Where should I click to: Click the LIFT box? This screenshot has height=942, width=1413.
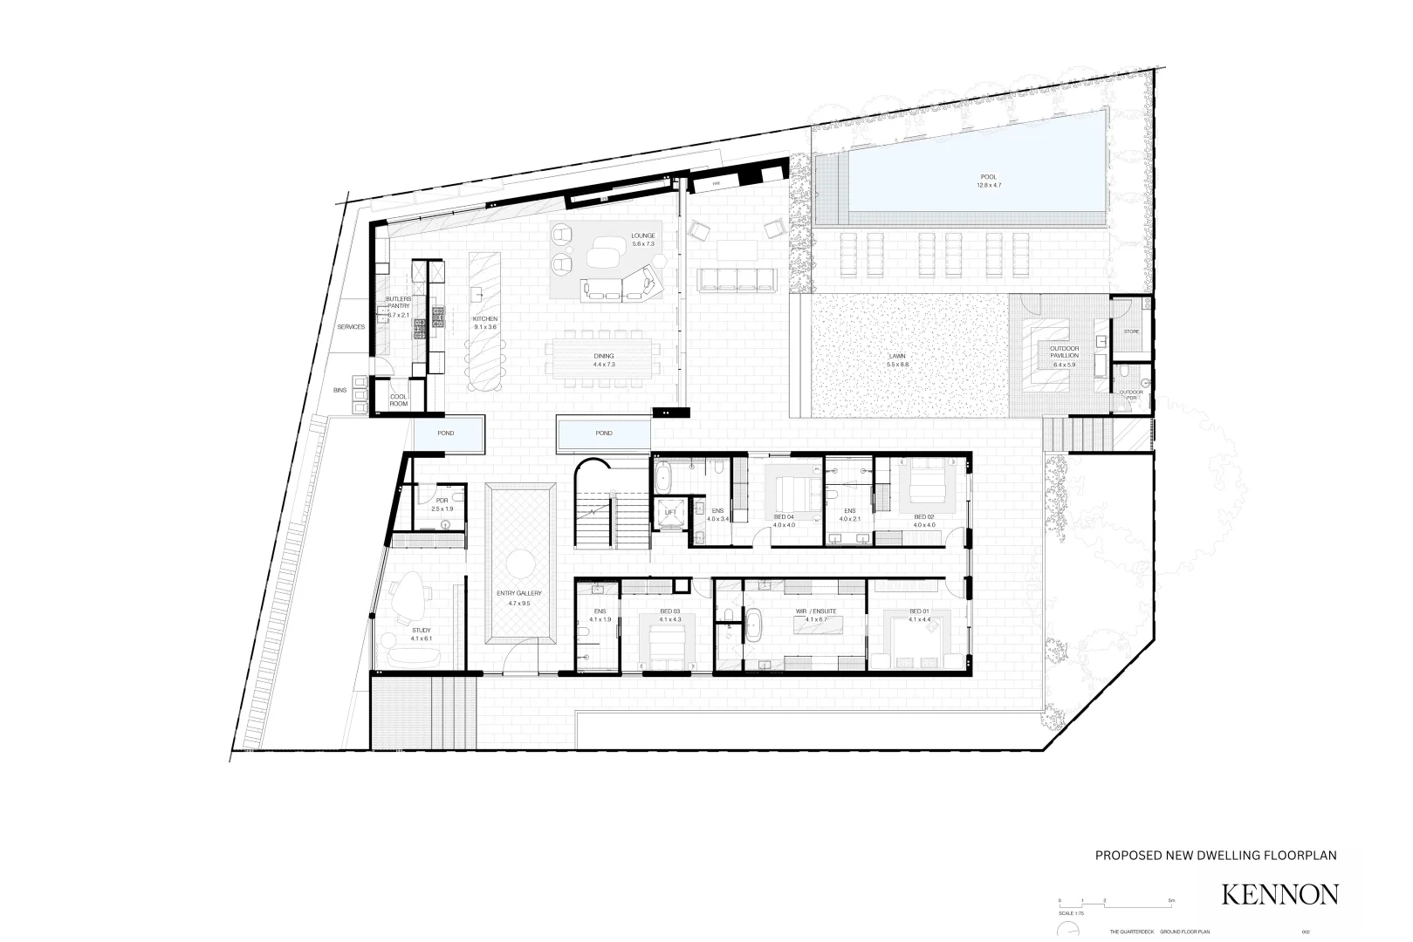coord(670,512)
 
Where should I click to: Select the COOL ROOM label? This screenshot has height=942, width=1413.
coord(398,399)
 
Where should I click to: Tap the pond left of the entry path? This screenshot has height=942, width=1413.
coord(448,433)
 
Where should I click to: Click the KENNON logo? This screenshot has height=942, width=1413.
coord(1279,894)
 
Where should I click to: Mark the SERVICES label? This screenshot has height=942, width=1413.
coord(351,327)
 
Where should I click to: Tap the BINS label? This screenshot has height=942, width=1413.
coord(340,391)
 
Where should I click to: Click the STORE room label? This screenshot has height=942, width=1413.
coord(1131,331)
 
